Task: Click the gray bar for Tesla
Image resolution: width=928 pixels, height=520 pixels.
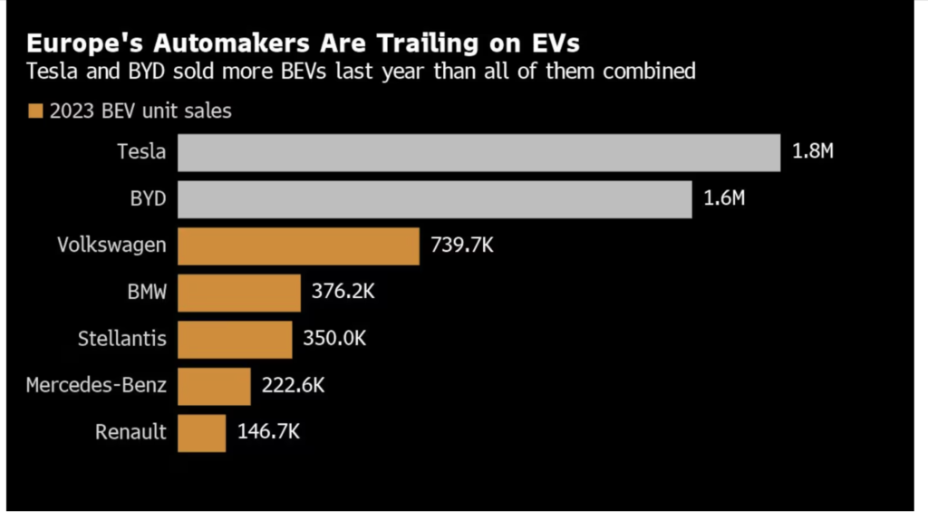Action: click(x=478, y=152)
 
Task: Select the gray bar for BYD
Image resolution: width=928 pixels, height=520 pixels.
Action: click(x=434, y=199)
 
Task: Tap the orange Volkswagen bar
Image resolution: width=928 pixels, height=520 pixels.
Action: click(x=298, y=246)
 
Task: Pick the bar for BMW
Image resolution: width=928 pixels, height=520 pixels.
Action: click(x=238, y=293)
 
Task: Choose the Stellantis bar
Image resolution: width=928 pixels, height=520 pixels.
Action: click(x=235, y=339)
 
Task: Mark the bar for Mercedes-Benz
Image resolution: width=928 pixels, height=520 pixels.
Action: click(x=214, y=386)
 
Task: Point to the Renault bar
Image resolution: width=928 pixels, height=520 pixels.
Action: click(x=201, y=432)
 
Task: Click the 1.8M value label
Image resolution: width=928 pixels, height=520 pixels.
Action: click(x=812, y=152)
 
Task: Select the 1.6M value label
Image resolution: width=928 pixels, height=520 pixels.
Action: click(x=724, y=199)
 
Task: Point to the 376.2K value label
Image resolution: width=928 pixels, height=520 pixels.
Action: click(x=342, y=293)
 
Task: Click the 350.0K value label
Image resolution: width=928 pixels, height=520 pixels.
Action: click(x=333, y=339)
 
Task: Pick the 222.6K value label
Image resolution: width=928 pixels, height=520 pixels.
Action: click(x=292, y=386)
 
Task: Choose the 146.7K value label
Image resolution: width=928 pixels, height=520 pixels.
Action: click(x=267, y=432)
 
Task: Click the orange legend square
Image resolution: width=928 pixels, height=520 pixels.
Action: click(x=36, y=111)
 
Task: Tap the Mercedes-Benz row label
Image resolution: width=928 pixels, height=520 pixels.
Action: click(x=96, y=386)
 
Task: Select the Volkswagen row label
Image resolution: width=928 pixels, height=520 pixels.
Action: click(x=111, y=246)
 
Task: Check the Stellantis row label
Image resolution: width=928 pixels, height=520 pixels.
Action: click(x=122, y=339)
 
